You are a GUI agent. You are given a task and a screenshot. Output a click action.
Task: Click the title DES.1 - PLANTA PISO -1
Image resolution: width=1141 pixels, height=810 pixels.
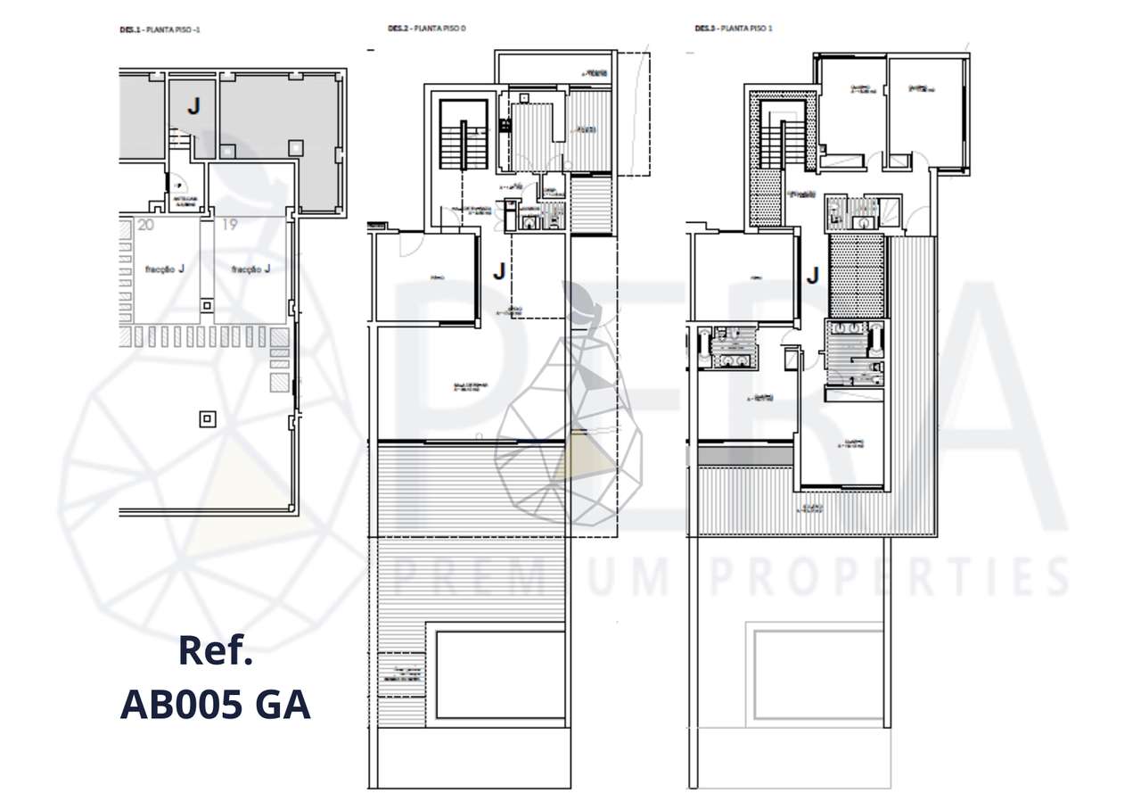[160, 29]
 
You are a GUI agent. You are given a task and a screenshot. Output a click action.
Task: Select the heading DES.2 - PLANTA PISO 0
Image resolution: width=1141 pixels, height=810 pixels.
[427, 29]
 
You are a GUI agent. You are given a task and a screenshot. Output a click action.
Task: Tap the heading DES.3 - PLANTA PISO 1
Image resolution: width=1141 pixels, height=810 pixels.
[733, 29]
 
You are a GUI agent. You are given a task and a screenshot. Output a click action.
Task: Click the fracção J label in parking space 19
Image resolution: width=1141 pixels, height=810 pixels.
[250, 269]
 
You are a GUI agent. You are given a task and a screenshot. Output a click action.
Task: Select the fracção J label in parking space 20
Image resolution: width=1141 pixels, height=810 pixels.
[163, 269]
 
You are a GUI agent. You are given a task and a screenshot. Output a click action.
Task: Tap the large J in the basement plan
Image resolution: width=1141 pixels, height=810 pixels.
[193, 106]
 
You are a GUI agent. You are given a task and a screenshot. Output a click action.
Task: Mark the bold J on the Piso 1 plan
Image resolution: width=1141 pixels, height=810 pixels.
[811, 277]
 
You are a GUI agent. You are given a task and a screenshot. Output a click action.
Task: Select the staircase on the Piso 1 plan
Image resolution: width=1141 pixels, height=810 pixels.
[782, 143]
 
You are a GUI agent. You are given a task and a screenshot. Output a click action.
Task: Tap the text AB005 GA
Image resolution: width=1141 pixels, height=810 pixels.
[215, 706]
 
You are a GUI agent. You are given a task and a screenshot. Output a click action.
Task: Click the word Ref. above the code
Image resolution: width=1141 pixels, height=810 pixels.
[216, 651]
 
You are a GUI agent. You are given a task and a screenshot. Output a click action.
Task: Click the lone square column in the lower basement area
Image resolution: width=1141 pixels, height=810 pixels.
[208, 417]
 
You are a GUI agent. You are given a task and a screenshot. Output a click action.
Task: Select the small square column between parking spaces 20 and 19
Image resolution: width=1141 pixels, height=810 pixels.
[207, 306]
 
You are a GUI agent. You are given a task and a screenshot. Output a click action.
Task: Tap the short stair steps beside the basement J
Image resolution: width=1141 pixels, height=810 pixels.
[179, 138]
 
